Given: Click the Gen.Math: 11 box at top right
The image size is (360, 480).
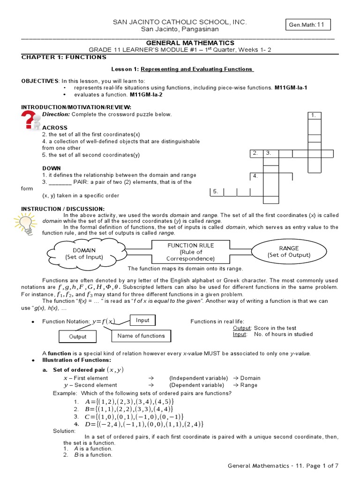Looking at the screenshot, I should (307, 25).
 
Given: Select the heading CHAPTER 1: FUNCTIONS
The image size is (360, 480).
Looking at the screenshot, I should (64, 57).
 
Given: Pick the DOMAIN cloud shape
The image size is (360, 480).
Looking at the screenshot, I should (84, 254).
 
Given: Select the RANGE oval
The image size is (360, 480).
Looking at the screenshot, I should (289, 251).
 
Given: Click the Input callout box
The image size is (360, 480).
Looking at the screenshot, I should (142, 320).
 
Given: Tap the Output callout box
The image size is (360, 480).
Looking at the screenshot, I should (78, 336).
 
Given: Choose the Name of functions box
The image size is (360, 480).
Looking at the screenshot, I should (141, 336).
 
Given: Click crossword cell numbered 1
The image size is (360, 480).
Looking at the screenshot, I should (314, 115).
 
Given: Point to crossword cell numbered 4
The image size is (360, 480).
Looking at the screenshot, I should (256, 177).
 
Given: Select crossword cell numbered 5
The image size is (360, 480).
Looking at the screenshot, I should (217, 192).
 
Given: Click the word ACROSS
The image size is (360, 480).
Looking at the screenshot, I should (55, 127).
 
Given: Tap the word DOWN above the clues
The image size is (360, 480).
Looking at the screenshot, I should (52, 168).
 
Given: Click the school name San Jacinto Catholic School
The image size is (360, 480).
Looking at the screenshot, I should (177, 22).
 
